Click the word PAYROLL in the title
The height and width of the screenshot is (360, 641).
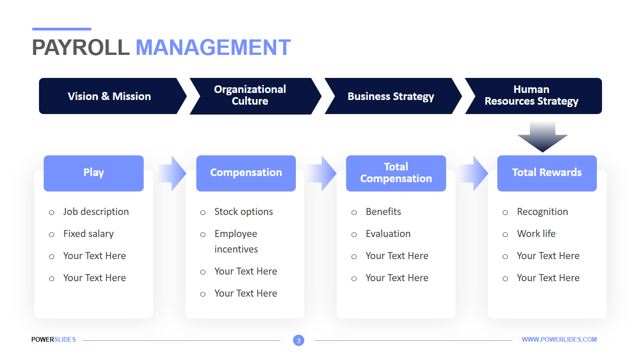pyautogui.click(x=80, y=48)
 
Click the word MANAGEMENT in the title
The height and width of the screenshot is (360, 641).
pyautogui.click(x=213, y=48)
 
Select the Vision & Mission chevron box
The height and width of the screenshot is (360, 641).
pyautogui.click(x=109, y=96)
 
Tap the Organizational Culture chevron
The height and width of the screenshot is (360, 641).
pyautogui.click(x=250, y=96)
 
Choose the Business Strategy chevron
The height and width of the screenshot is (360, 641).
pyautogui.click(x=390, y=97)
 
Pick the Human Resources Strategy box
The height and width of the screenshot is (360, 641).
pyautogui.click(x=531, y=96)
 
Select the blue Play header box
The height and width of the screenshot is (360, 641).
pyautogui.click(x=93, y=173)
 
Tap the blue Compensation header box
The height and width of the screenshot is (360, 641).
pyautogui.click(x=246, y=173)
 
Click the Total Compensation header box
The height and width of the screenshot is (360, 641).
pyautogui.click(x=396, y=173)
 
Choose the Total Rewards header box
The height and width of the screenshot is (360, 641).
pyautogui.click(x=547, y=173)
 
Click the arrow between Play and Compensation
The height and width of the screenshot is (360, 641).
pyautogui.click(x=172, y=173)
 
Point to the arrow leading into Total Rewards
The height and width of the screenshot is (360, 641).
pyautogui.click(x=474, y=173)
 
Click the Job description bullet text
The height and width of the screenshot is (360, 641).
pyautogui.click(x=96, y=212)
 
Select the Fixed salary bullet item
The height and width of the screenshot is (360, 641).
pyautogui.click(x=88, y=234)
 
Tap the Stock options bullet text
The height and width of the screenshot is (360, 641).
pyautogui.click(x=243, y=212)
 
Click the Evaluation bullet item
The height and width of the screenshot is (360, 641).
pyautogui.click(x=388, y=234)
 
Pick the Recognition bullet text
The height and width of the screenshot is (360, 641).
pyautogui.click(x=542, y=212)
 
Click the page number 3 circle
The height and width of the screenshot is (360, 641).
pyautogui.click(x=298, y=341)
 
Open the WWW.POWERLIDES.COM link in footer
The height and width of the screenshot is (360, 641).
pyautogui.click(x=559, y=339)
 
